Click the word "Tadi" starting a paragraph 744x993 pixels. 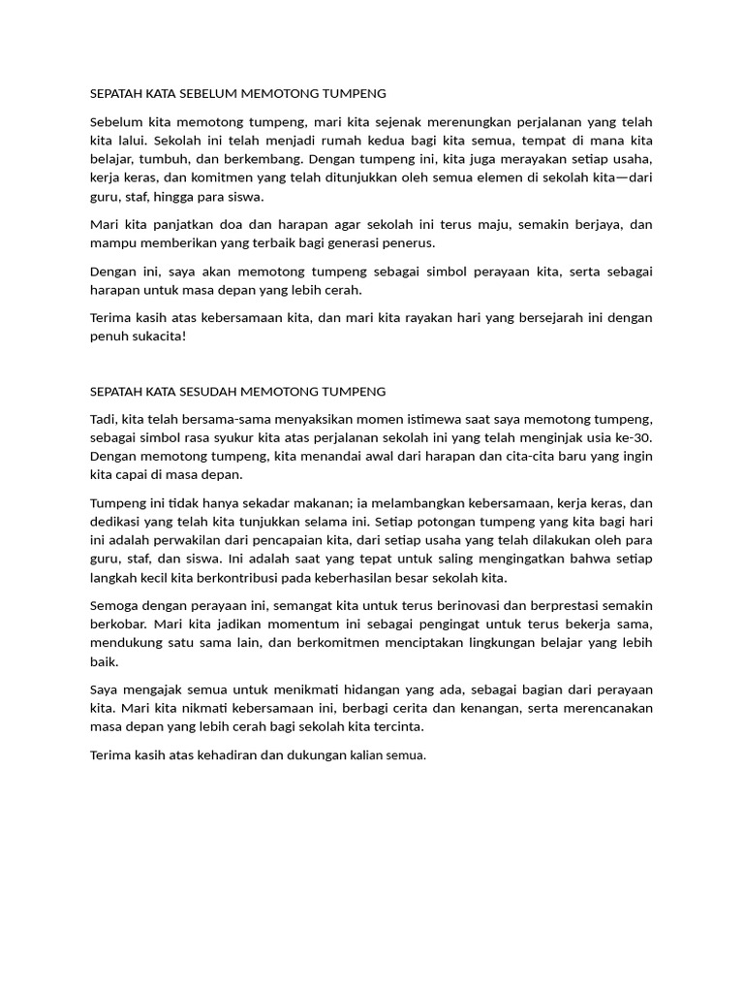(x=102, y=419)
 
